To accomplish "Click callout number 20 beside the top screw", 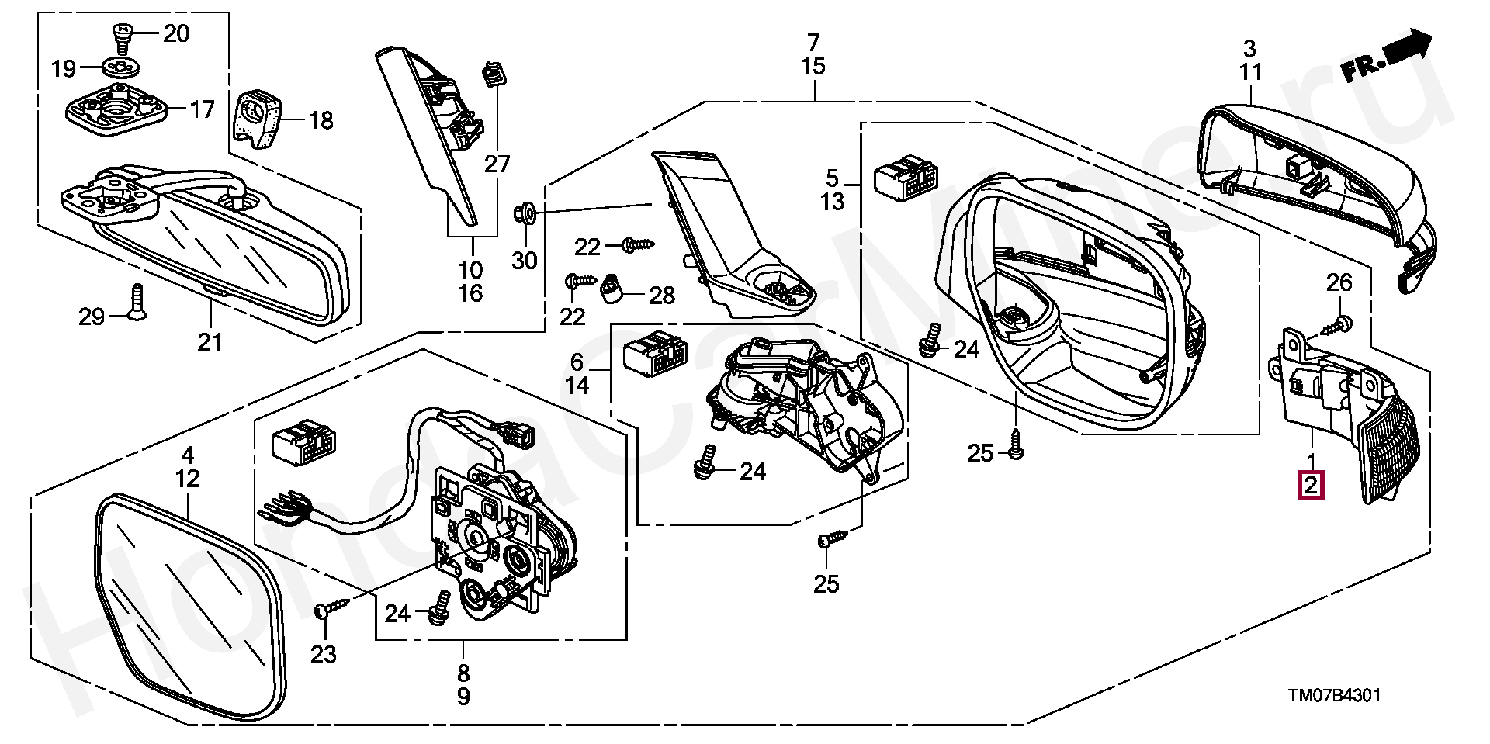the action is point(176,33).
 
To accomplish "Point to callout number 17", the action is point(202,109).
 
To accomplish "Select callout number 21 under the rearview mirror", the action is point(210,341).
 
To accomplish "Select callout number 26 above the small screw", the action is point(1339,282).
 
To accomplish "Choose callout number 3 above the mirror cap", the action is point(1249,48).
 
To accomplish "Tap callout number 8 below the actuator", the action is point(463,672).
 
